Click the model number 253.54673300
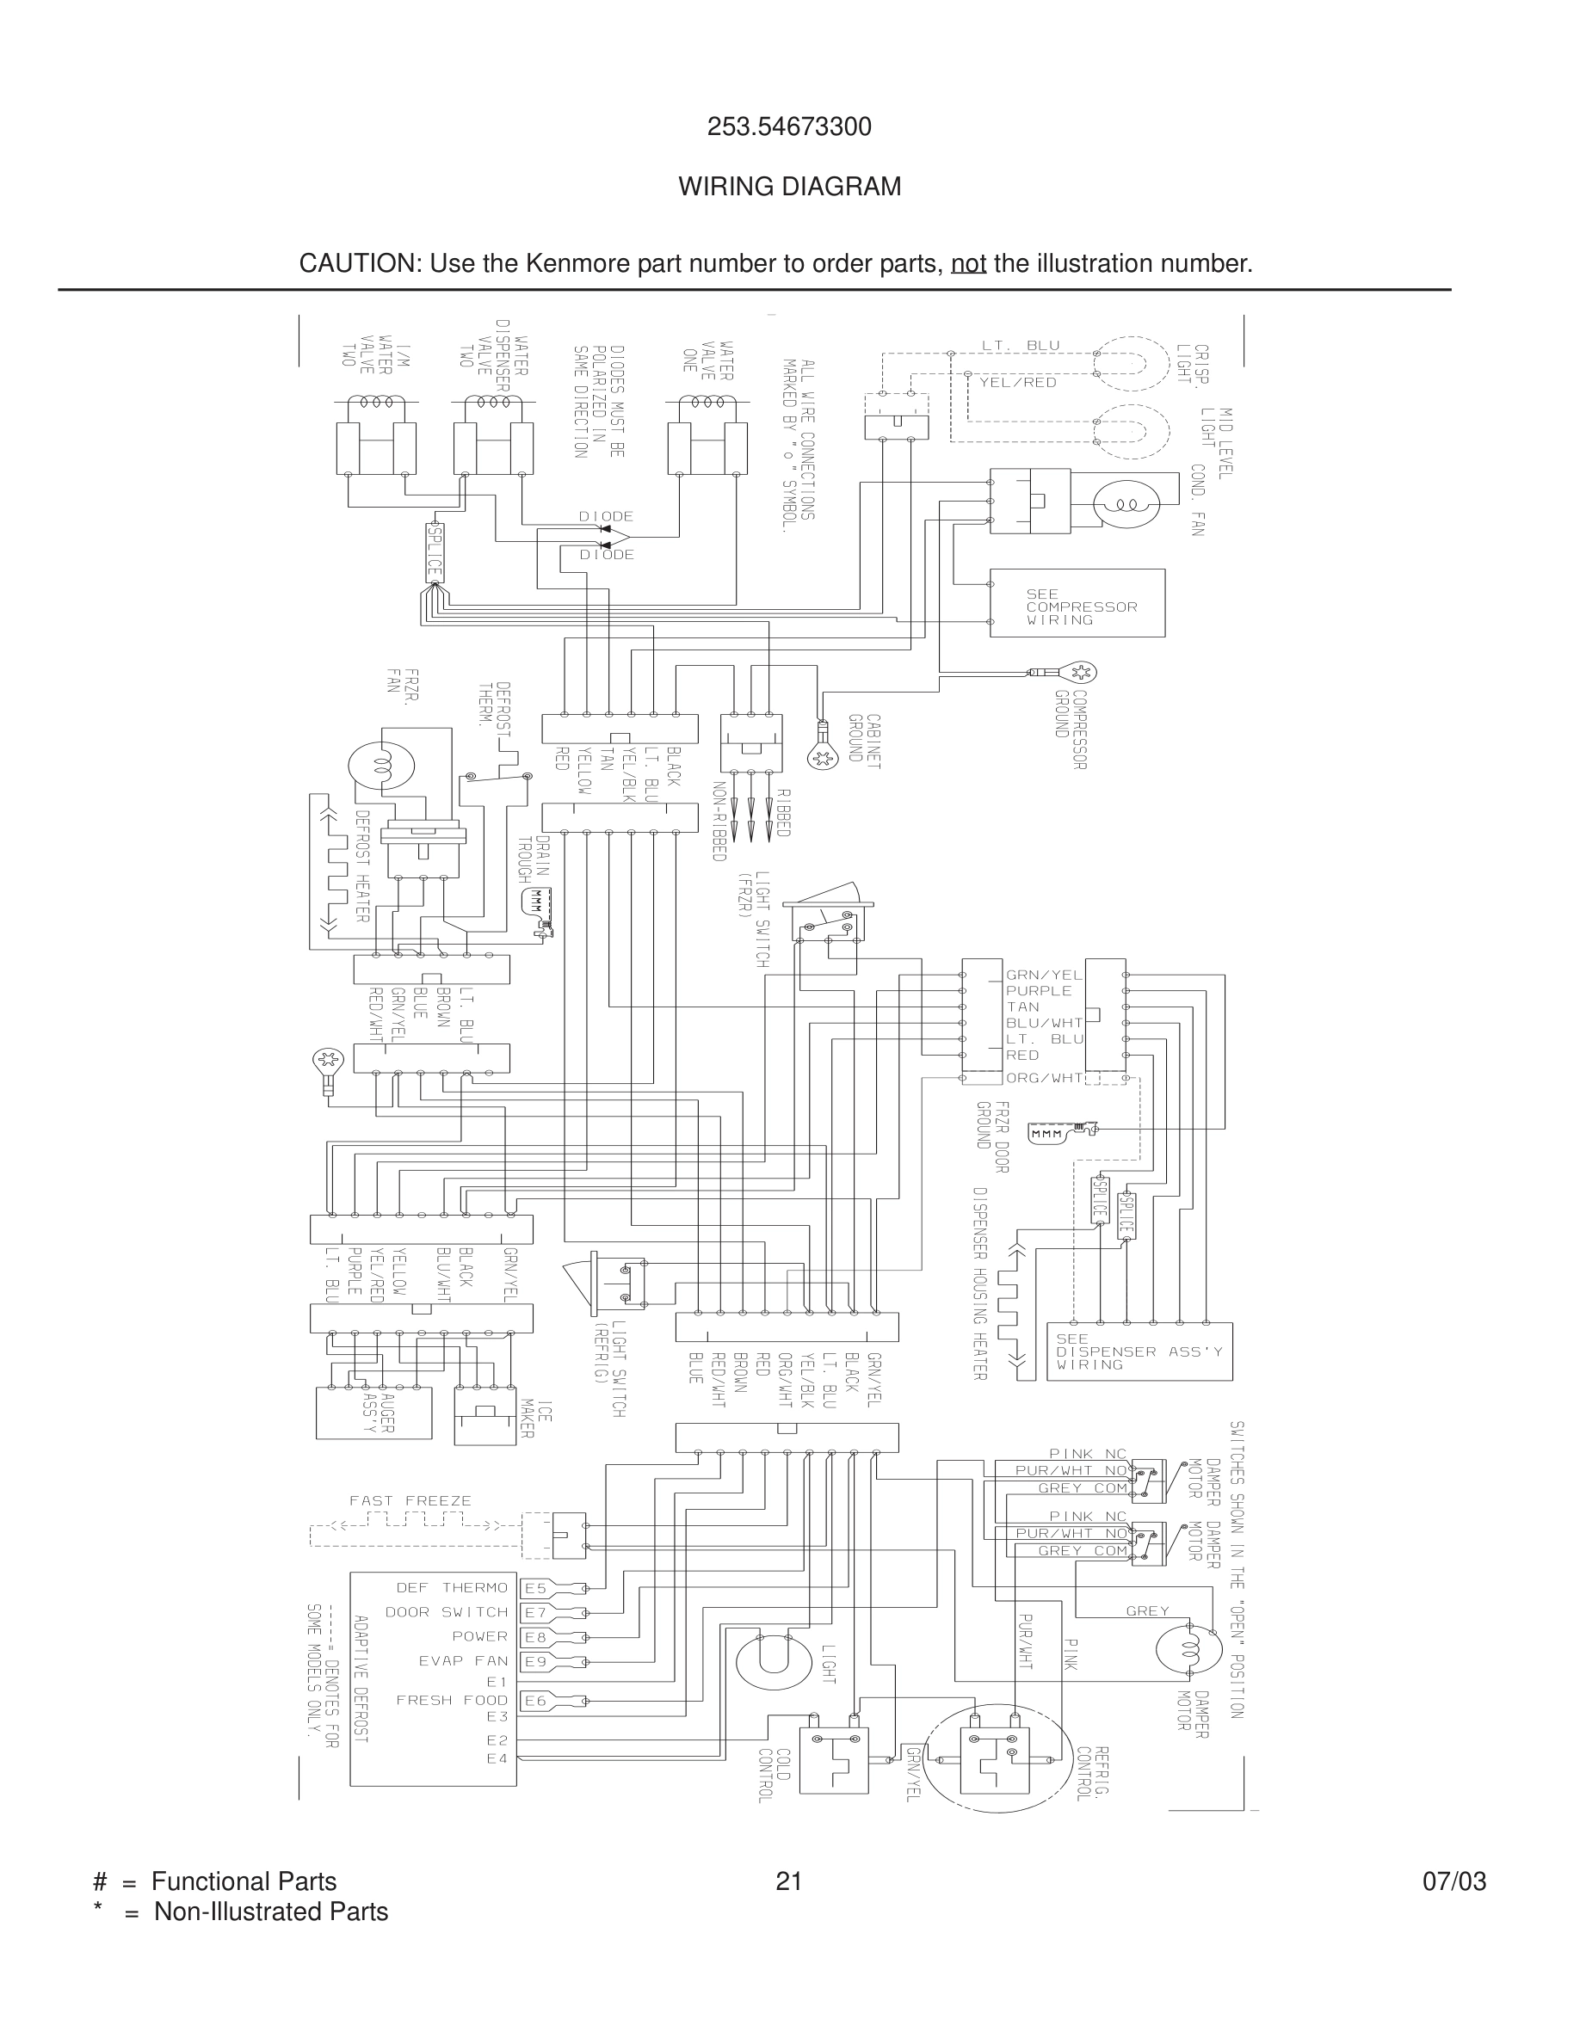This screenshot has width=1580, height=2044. click(789, 127)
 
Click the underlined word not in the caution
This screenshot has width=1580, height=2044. click(968, 264)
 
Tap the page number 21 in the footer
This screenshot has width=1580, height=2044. click(789, 1881)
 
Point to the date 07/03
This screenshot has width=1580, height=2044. click(1453, 1881)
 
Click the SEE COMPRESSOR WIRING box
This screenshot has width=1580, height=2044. click(1077, 604)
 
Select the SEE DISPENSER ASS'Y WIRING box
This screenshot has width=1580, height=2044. click(1139, 1351)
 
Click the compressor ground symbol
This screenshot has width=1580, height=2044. click(1081, 672)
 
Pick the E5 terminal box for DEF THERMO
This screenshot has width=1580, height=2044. click(534, 1588)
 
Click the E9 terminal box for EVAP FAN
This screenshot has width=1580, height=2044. click(534, 1661)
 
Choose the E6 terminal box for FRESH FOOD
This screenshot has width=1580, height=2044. click(534, 1701)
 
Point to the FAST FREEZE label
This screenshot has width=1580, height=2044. click(410, 1501)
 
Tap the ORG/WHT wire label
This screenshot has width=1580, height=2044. click(1044, 1078)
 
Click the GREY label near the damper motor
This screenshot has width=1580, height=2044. click(1147, 1610)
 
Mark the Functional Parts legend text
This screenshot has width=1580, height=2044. click(244, 1881)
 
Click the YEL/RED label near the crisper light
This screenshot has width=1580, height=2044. click(1017, 383)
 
